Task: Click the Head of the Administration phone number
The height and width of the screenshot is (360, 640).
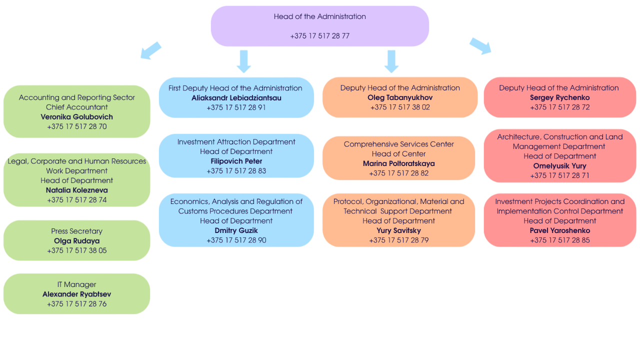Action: [x=319, y=36]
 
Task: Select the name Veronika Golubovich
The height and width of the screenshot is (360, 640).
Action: [x=76, y=117]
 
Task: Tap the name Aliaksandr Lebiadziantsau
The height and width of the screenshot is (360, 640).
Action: [x=236, y=98]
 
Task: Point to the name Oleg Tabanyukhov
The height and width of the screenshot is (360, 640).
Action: [x=400, y=97]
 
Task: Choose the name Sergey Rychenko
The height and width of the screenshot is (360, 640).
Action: [x=559, y=97]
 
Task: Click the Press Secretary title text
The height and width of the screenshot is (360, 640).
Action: [x=76, y=231]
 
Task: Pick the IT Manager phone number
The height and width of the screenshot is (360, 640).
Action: [x=76, y=304]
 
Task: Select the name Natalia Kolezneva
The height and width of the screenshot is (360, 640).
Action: [x=76, y=190]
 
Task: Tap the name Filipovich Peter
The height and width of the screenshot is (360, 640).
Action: [x=236, y=161]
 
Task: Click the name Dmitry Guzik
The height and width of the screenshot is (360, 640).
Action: [x=236, y=230]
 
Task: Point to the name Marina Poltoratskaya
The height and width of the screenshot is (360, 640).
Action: [x=398, y=163]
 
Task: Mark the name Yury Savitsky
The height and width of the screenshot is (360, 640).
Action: [x=398, y=230]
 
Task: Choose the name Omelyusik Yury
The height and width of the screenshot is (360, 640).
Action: [x=559, y=166]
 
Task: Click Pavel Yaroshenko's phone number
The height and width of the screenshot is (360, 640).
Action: [x=559, y=240]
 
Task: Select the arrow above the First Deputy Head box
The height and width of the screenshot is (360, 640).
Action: [x=243, y=61]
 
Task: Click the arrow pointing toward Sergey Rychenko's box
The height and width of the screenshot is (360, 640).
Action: [x=480, y=46]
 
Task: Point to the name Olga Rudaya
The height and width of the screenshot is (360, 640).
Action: [x=76, y=241]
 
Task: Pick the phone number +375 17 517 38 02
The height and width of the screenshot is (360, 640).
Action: [x=400, y=107]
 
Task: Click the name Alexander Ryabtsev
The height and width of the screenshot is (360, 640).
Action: [x=76, y=294]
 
